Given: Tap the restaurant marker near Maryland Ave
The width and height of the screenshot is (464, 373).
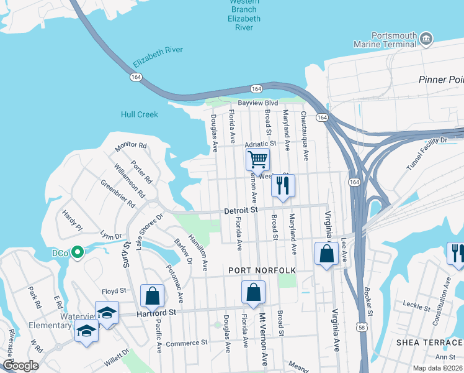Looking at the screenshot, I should [x=283, y=185].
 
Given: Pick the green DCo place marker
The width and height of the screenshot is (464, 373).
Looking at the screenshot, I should [x=77, y=252].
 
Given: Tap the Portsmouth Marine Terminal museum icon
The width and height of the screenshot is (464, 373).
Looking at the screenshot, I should [x=426, y=39].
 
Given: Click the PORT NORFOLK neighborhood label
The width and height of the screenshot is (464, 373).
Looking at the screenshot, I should [x=262, y=270].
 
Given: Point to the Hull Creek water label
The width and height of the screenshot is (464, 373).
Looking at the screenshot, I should [x=140, y=114].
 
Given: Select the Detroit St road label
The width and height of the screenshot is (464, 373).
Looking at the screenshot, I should [x=241, y=211].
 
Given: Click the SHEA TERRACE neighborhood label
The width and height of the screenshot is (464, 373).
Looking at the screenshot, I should [x=430, y=343].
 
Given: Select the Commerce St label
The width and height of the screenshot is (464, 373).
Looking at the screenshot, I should [x=187, y=343].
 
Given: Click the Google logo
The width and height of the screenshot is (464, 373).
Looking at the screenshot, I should [x=20, y=365].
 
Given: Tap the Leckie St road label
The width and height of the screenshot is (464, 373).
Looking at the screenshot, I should [x=416, y=306].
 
